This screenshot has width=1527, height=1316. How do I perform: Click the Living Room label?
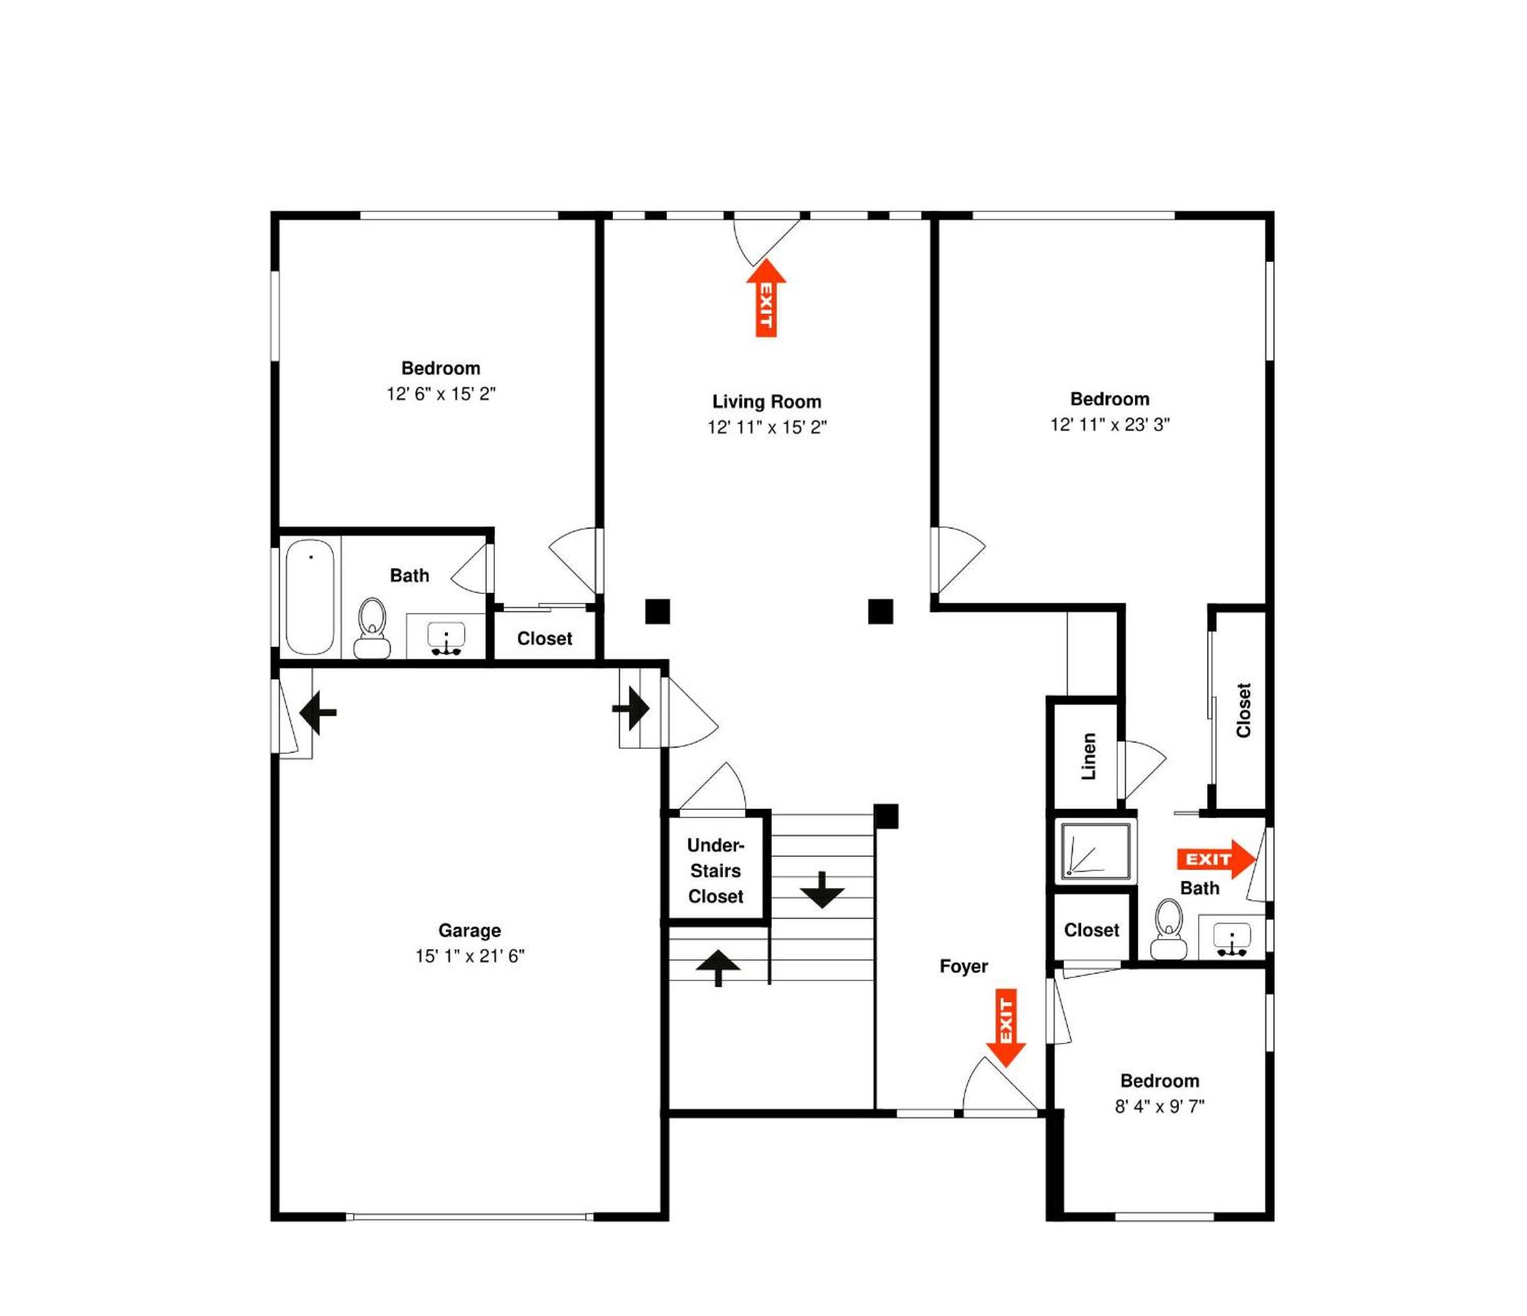coord(767,402)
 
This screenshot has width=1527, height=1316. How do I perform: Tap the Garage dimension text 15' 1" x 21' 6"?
coord(470,956)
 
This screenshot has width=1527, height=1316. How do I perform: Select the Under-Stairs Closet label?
coord(716,871)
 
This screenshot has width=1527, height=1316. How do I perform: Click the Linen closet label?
coord(1089,756)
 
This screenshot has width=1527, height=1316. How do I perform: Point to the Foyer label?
coord(963,966)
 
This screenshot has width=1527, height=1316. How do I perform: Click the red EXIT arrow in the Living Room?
coord(767,297)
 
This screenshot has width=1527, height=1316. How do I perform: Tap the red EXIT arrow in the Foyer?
coord(1006,1028)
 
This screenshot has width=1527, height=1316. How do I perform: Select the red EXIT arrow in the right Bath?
coord(1216,860)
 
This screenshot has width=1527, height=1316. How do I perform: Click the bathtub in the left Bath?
coord(310,597)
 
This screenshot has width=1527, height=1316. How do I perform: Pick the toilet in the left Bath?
coord(372,628)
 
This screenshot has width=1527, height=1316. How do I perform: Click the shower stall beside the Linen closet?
coord(1095,851)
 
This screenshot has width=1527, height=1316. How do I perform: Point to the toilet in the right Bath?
coord(1169,929)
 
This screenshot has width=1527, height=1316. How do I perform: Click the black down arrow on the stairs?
coord(822,890)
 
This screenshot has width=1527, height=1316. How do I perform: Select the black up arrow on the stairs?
coord(718,967)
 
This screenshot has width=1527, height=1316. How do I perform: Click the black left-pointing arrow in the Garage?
coord(318,713)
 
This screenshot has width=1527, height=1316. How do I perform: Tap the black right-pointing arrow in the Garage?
coord(631,709)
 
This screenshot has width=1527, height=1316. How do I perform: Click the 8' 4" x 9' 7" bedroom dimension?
coord(1159,1107)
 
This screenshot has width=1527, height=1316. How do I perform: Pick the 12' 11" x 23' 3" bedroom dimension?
coord(1110,425)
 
